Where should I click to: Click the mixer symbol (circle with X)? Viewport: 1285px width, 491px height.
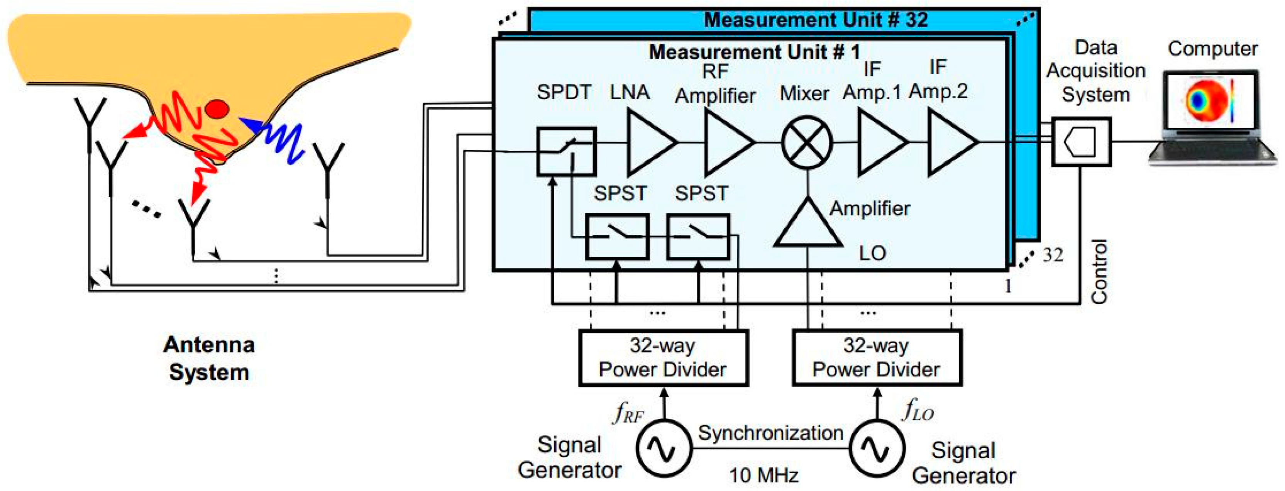[806, 142]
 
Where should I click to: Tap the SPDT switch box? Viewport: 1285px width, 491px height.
[565, 151]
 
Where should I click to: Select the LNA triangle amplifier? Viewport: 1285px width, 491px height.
[648, 142]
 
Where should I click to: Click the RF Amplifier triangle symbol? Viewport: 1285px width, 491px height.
[726, 142]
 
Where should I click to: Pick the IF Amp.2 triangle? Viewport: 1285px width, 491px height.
[949, 142]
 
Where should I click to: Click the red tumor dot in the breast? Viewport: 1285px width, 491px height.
[217, 109]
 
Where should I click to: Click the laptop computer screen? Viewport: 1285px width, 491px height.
[1210, 102]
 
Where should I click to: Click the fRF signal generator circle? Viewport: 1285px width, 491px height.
[664, 448]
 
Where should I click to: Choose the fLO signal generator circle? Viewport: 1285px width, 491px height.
[877, 448]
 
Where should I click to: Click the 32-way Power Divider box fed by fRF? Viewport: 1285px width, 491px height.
[663, 357]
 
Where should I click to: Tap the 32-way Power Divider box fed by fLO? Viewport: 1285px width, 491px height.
[877, 357]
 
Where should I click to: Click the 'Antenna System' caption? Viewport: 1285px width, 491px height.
[209, 358]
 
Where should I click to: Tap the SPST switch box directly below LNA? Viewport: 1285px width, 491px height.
[617, 237]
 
